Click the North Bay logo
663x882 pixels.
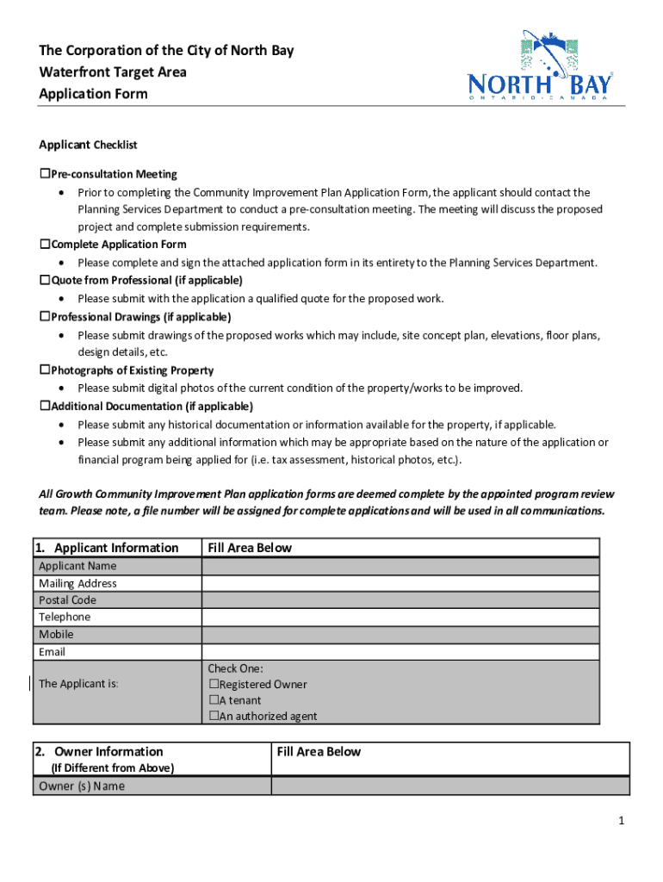coord(540,66)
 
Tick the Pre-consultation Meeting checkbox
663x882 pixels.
coord(45,174)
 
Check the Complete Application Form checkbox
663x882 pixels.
coord(45,245)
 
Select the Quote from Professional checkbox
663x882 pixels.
coord(45,281)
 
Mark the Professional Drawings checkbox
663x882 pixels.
coord(45,317)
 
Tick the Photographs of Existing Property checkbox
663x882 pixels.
coord(45,370)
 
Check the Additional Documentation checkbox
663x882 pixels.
coord(45,406)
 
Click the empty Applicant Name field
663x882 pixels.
coord(400,566)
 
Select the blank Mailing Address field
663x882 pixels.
coord(400,583)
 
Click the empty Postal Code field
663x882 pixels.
coord(400,600)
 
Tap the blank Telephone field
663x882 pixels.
coord(400,618)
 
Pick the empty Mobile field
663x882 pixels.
coord(400,635)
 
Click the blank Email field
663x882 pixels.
coord(400,652)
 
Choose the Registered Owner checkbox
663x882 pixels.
coord(214,685)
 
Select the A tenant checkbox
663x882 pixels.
coord(214,700)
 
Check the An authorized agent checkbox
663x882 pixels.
coord(214,717)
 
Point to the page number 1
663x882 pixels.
coord(620,822)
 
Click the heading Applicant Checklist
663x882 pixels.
coord(88,145)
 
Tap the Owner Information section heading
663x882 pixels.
coord(108,752)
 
